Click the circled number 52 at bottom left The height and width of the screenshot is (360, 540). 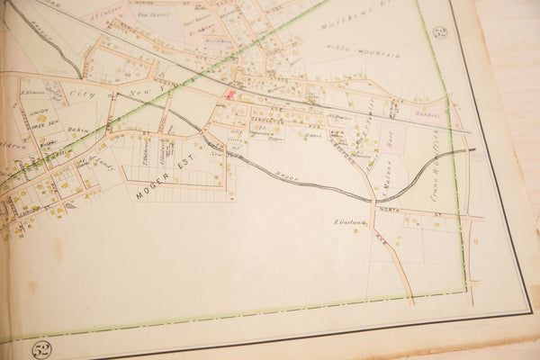tap(40, 348)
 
